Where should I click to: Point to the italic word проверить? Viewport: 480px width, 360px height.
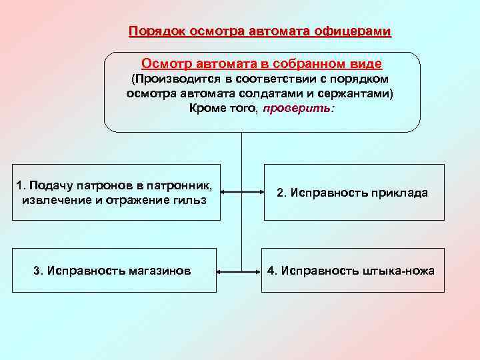pos(295,108)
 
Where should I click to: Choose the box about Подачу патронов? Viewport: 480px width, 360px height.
pos(117,192)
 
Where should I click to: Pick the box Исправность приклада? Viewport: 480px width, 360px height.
pos(354,193)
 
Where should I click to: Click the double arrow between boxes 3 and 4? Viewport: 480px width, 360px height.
pos(240,271)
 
